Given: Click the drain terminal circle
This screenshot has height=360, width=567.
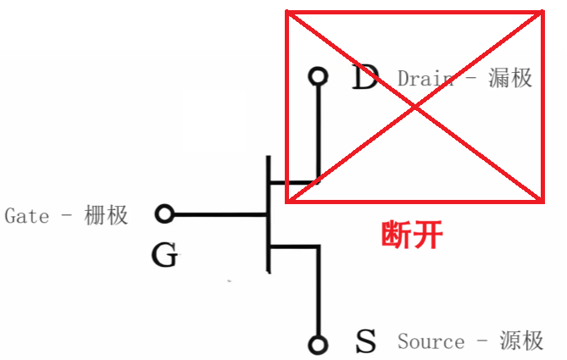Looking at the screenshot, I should [318, 77].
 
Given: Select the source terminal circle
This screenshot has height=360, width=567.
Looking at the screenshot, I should [318, 344].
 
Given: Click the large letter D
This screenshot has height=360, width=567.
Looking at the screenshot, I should [364, 78].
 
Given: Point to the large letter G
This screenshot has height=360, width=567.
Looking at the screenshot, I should [164, 255].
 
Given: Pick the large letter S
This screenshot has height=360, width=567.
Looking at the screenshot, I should [365, 342].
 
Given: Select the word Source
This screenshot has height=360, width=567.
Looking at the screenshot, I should [431, 342].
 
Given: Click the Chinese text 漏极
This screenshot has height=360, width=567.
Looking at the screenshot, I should [510, 78].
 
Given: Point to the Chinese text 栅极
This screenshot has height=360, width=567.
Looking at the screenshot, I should [107, 215].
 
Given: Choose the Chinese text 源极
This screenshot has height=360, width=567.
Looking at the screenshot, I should [521, 341].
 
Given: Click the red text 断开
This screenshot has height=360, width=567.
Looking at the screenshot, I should [412, 234].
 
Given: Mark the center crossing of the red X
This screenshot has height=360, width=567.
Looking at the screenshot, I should [414, 107].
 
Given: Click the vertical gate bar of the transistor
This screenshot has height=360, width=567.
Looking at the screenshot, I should [268, 214].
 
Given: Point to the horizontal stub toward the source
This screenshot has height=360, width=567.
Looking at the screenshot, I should [293, 246].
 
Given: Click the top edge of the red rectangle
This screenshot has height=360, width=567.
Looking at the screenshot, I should [414, 13].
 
